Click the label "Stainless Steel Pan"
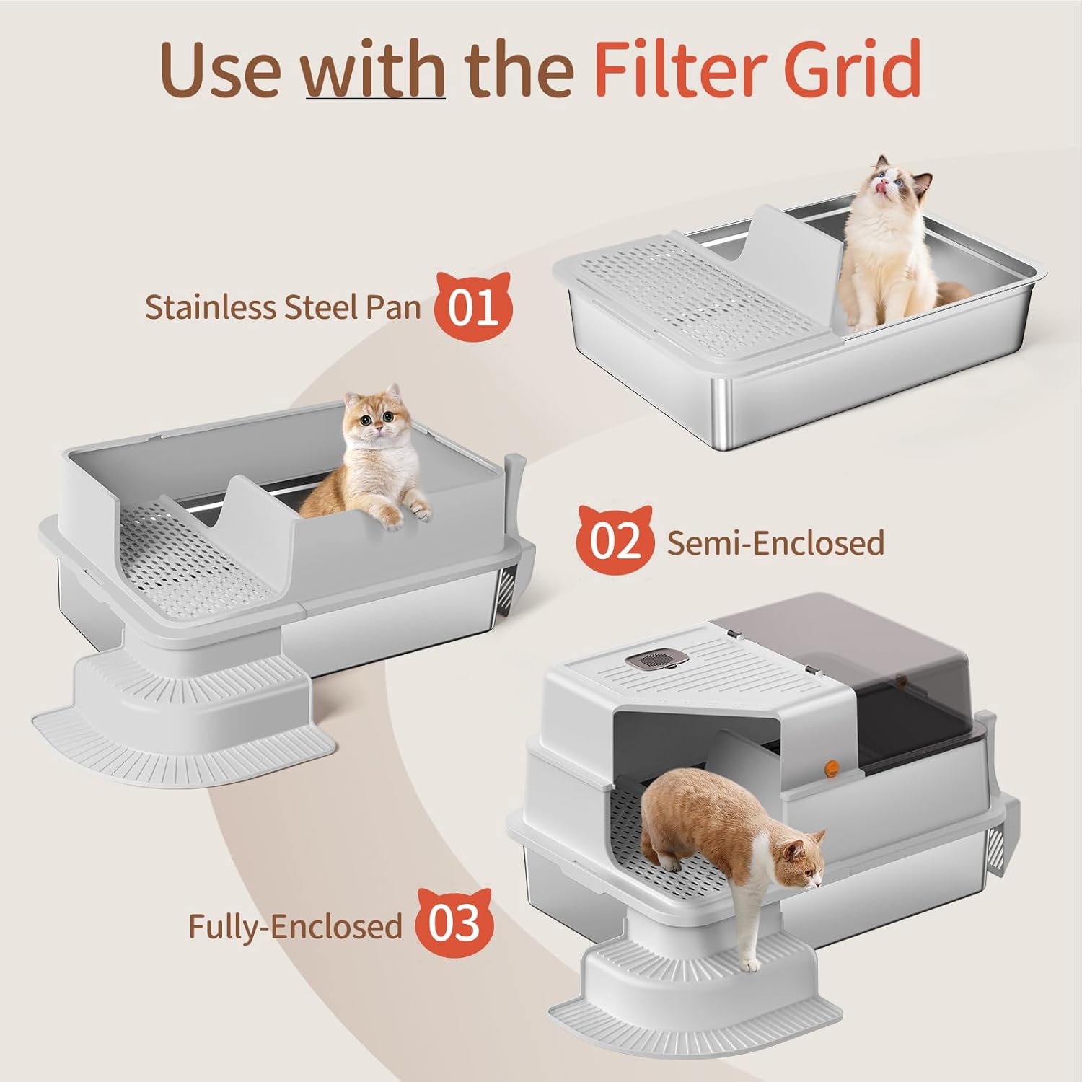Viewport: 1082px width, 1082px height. click(283, 307)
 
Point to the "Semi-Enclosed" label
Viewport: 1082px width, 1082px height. click(775, 542)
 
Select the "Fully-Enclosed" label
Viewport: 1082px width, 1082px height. click(295, 926)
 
